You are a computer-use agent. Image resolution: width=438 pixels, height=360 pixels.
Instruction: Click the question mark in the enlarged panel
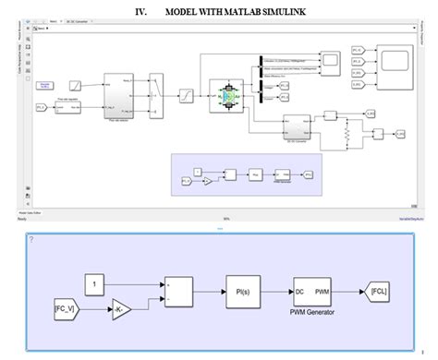point(31,239)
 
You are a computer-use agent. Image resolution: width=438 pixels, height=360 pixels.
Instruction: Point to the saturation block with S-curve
point(184,95)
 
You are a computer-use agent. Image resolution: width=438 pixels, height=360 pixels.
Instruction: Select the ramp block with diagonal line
point(80,84)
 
